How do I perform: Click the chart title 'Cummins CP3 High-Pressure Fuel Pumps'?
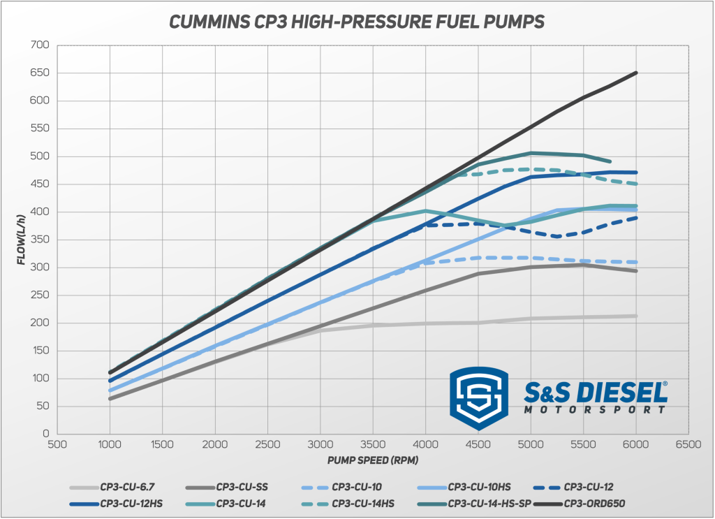tap(357, 22)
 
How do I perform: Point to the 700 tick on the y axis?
tap(40, 45)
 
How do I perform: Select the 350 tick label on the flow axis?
tap(40, 240)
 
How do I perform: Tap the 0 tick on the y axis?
tap(45, 434)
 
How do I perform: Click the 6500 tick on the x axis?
tap(688, 444)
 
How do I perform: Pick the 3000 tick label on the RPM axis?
tap(320, 444)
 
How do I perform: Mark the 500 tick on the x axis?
tap(57, 444)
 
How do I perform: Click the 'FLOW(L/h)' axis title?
tap(21, 240)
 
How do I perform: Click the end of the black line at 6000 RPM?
tap(636, 73)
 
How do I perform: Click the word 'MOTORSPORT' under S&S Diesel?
tap(595, 409)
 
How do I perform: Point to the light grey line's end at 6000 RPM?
tap(636, 316)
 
